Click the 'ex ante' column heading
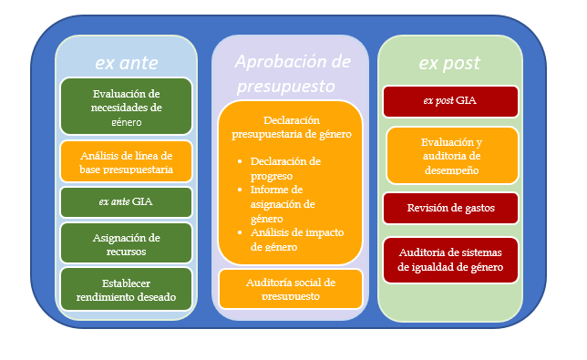tap(126, 62)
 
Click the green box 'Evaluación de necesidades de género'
tap(126, 107)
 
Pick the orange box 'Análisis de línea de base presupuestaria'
tap(126, 161)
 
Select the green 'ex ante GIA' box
tap(126, 201)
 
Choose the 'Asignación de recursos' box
tap(126, 242)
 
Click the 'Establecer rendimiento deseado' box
tap(126, 288)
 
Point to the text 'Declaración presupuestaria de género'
tap(290, 128)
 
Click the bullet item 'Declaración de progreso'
tap(286, 167)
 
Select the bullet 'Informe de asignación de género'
tap(286, 201)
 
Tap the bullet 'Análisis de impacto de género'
tap(286, 238)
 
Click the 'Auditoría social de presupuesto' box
tap(290, 287)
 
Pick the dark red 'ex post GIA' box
tap(450, 100)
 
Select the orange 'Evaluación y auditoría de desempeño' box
tap(450, 156)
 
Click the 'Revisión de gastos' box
tap(450, 208)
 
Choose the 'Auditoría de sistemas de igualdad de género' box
tap(450, 259)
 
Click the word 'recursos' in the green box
tap(126, 250)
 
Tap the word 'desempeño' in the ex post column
tap(452, 169)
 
